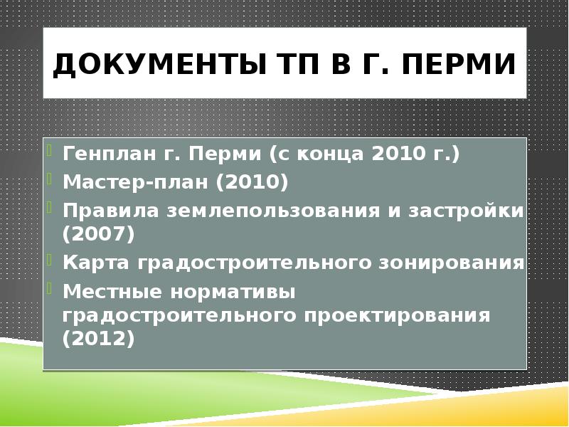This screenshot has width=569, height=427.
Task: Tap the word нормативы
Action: (228, 292)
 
